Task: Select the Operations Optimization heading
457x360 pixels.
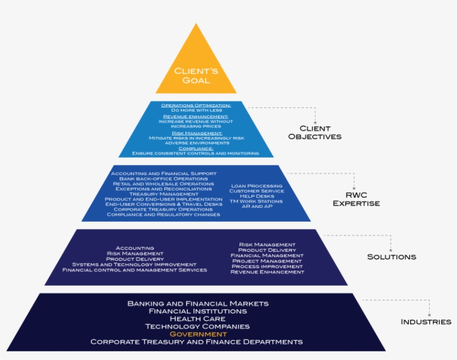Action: coord(196,105)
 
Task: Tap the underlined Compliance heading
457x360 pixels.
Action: coord(196,148)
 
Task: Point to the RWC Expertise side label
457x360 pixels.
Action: coord(356,199)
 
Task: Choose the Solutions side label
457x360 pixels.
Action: coord(391,257)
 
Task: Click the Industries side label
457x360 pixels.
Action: coord(426,322)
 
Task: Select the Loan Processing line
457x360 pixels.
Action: coord(256,186)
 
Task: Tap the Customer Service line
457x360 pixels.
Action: coord(256,191)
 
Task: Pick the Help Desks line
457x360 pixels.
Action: coord(256,196)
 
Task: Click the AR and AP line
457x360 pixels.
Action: coord(256,206)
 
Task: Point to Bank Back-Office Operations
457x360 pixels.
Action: coord(163,178)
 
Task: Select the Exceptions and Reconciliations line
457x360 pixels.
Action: coord(163,189)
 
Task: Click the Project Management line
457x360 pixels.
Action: coord(267,261)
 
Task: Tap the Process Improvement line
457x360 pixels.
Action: coord(267,266)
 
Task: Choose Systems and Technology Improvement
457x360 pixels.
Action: coord(134,264)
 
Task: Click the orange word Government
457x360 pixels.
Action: coord(198,334)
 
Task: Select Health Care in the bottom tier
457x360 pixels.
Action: coord(198,319)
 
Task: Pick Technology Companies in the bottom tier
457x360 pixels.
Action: coord(198,327)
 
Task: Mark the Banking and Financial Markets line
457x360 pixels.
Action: coord(198,304)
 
